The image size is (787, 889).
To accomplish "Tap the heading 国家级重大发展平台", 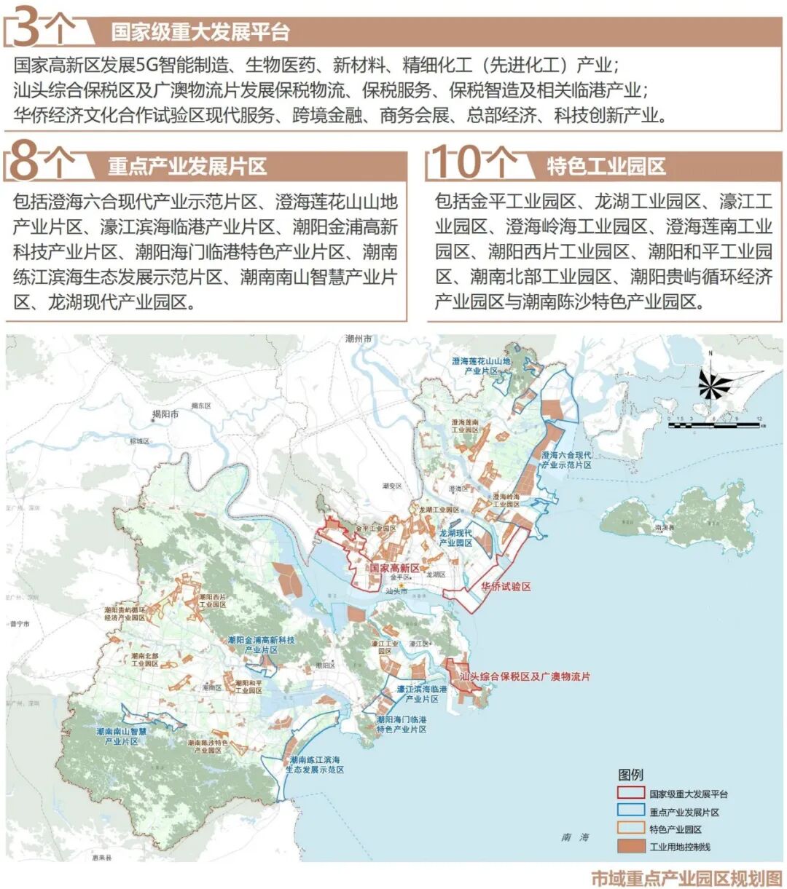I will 200,33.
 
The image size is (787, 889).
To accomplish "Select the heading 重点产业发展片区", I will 187,167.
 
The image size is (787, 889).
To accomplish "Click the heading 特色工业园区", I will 606,167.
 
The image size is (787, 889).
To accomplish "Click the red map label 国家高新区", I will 394,568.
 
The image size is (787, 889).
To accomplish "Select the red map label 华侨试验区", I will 506,586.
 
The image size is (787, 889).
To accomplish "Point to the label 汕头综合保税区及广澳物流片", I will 525,677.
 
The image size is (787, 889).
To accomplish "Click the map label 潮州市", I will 359,339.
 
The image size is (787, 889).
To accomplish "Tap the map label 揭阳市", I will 165,414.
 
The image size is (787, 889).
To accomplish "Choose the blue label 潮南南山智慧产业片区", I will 122,736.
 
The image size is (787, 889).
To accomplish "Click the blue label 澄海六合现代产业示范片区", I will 566,459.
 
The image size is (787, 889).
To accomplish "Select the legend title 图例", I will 630,774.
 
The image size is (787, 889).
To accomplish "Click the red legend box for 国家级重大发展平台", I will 630,794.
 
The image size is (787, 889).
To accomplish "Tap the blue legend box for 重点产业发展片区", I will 630,811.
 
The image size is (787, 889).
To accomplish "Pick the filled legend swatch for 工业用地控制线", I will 630,846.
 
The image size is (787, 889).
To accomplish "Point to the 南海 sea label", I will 575,837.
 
